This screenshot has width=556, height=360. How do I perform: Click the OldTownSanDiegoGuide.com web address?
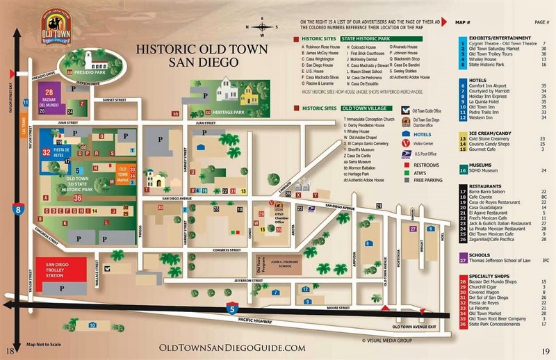click(x=232, y=347)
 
